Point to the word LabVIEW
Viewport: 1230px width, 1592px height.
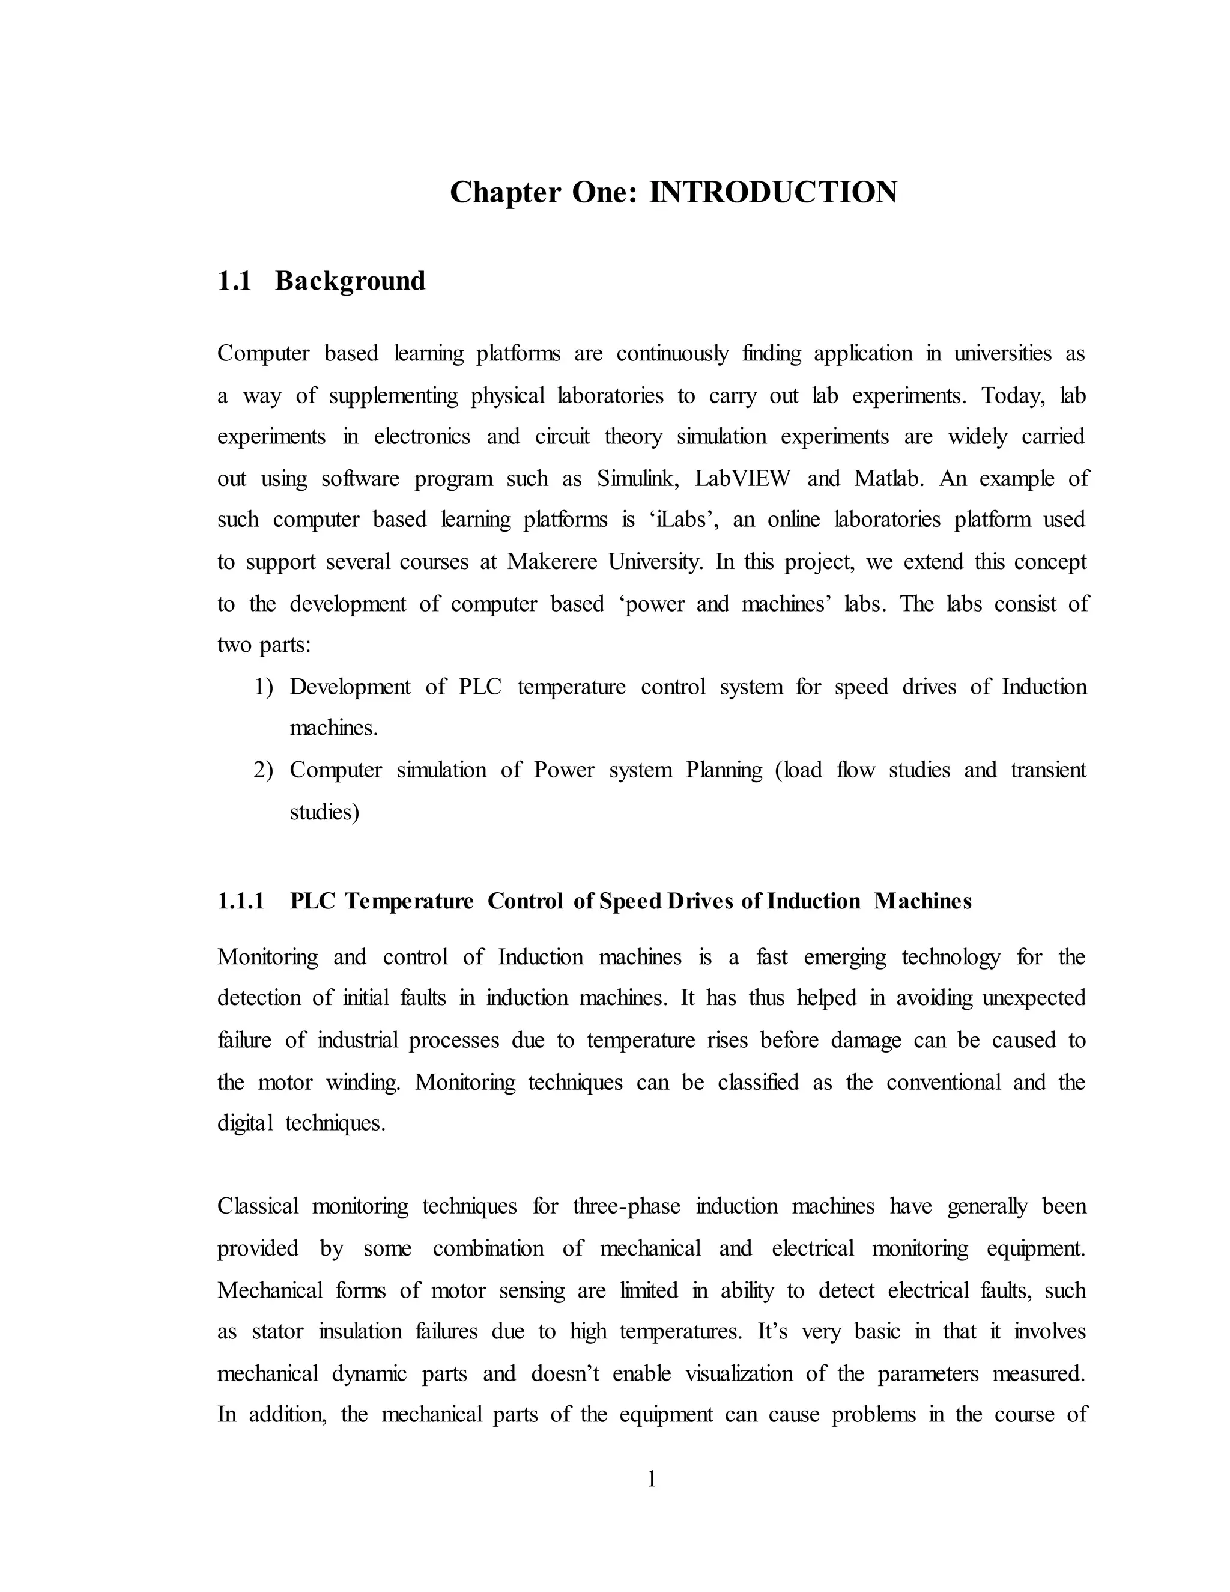[x=742, y=479]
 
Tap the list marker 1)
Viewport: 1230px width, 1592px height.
[x=263, y=687]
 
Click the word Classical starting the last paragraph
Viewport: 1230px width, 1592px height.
[x=258, y=1206]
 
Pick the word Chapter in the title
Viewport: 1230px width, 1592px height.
[x=505, y=192]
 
